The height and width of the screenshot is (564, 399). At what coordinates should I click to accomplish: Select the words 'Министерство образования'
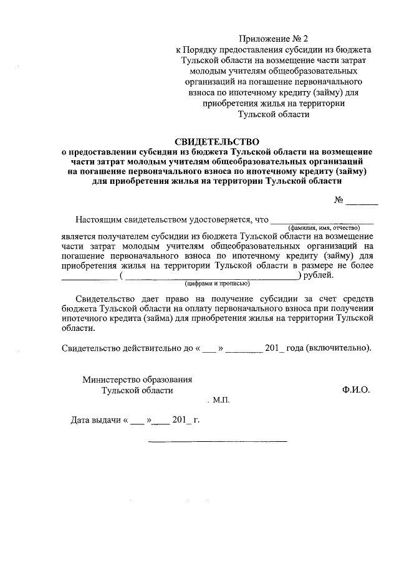138,378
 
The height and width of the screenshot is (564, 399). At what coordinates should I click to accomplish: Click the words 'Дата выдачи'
97,421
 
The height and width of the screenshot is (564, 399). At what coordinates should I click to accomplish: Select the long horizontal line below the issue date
218,441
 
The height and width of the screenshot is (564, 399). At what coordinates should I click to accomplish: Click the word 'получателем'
124,237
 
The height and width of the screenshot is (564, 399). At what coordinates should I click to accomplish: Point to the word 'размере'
316,265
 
